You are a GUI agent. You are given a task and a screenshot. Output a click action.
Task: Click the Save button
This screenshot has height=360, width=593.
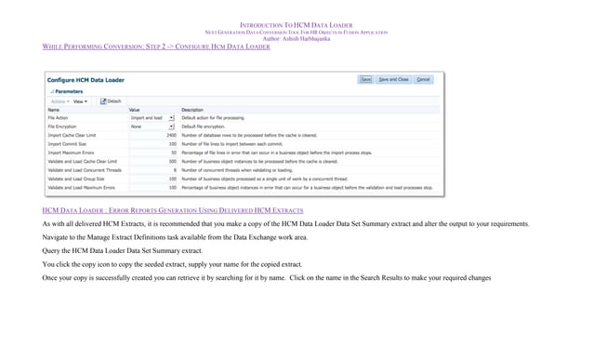click(x=365, y=80)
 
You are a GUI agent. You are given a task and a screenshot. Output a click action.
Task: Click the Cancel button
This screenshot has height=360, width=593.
click(x=423, y=80)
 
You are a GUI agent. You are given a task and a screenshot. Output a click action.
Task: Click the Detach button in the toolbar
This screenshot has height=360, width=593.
click(x=111, y=101)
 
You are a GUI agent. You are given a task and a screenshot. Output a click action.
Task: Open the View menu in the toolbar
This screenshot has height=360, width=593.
click(x=80, y=101)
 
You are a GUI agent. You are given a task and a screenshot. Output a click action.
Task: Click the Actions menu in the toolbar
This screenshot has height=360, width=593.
click(x=59, y=101)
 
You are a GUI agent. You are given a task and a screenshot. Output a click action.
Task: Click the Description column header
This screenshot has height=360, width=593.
click(x=192, y=110)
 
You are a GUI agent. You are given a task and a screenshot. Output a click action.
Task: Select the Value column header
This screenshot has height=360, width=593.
click(x=134, y=110)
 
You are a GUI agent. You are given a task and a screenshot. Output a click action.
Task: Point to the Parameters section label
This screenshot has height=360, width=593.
click(x=68, y=92)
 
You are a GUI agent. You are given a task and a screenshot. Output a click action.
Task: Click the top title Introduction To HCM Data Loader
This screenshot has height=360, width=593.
click(x=296, y=25)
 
